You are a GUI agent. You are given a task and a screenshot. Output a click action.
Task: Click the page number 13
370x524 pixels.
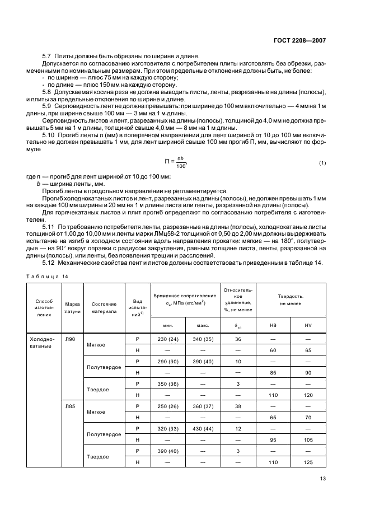point(322,478)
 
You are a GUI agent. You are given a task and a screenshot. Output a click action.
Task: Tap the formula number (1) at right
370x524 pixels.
point(322,163)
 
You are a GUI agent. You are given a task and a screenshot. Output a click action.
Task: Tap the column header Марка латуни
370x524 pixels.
point(72,307)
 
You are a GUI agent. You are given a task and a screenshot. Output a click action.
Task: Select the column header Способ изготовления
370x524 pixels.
point(43,307)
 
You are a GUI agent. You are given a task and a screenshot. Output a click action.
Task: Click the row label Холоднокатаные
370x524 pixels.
point(43,343)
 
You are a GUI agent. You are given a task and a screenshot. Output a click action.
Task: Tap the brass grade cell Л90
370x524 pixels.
point(69,339)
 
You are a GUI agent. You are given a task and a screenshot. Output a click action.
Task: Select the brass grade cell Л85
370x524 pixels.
point(69,406)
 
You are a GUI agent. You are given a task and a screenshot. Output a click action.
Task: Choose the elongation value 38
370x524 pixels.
point(238,406)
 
